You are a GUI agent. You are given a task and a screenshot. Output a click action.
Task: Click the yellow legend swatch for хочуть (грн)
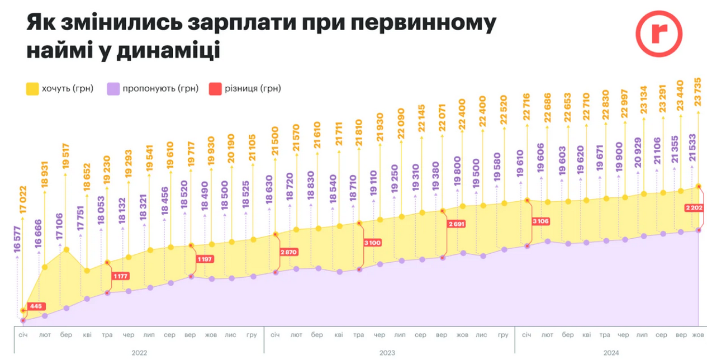click(32, 88)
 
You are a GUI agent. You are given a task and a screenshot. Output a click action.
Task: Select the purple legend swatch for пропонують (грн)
click(113, 88)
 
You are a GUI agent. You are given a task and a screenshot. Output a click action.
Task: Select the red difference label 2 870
click(288, 252)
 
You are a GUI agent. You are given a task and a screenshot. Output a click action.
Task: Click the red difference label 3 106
click(540, 221)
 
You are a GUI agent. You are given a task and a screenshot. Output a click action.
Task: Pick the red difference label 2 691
click(456, 224)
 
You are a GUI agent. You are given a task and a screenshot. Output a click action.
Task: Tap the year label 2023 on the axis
click(387, 353)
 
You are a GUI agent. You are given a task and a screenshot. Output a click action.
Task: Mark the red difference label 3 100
click(371, 243)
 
